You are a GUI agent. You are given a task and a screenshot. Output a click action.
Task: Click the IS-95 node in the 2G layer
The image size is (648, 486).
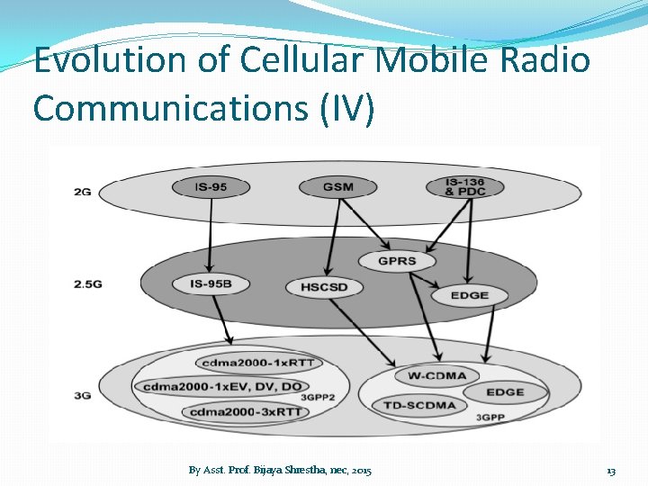[211, 188]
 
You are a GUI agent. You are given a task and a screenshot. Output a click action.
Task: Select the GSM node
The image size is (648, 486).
[337, 188]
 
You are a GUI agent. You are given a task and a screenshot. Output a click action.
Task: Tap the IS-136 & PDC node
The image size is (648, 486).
[465, 187]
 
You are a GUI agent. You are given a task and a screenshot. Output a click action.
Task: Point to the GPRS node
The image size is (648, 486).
[396, 261]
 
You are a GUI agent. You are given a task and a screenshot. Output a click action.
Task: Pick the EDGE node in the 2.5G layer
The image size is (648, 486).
[468, 294]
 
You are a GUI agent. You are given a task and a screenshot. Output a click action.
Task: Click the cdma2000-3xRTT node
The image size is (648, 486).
[245, 412]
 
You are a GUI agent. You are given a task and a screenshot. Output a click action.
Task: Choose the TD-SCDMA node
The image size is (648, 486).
[419, 405]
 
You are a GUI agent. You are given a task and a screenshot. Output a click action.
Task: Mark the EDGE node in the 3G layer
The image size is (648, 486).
[505, 392]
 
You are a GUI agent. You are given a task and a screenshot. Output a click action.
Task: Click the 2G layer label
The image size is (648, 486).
[82, 191]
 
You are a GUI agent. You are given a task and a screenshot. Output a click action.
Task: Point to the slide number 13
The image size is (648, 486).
[611, 471]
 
